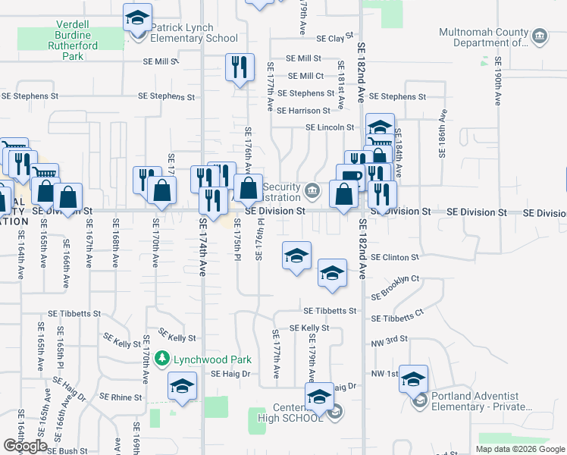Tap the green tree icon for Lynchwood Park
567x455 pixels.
point(160,357)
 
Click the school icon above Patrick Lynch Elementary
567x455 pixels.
point(137,18)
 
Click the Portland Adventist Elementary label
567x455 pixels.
point(475,401)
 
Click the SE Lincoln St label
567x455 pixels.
point(330,127)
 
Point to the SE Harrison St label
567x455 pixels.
point(303,111)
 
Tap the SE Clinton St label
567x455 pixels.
point(395,258)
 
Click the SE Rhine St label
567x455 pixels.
point(116,397)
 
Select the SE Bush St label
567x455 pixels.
point(68,450)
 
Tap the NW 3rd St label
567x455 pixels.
point(390,339)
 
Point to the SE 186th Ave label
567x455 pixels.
point(440,133)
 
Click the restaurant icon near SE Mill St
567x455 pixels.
point(240,68)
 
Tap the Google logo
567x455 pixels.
point(26,445)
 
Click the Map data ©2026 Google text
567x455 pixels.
point(519,449)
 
